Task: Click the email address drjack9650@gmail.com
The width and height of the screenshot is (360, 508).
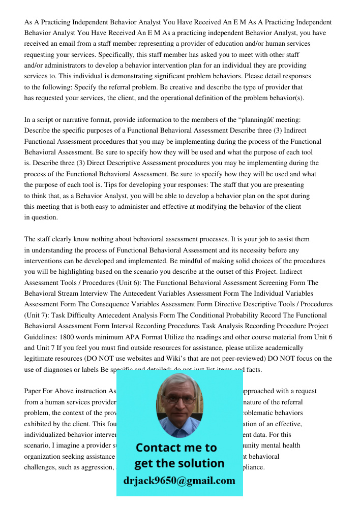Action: pyautogui.click(x=179, y=481)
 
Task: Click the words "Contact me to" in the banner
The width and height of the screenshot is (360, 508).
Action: pyautogui.click(x=176, y=448)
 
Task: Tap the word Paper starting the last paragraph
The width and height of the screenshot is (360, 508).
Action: pyautogui.click(x=33, y=391)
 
